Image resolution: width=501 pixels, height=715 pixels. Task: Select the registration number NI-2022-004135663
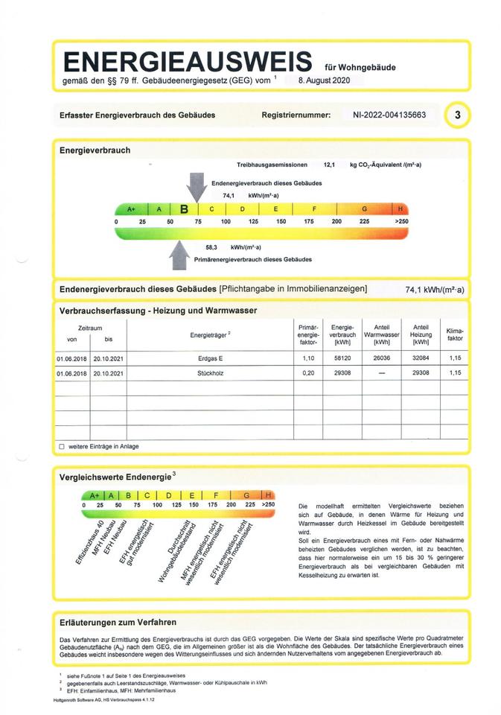(x=389, y=115)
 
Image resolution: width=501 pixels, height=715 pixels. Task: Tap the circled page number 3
(x=457, y=115)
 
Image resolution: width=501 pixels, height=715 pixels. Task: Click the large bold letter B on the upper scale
(x=184, y=209)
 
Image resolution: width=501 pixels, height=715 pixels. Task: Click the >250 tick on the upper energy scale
(x=401, y=222)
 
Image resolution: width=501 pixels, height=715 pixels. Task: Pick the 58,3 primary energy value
(x=211, y=247)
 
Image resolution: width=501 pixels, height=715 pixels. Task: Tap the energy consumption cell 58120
(x=342, y=359)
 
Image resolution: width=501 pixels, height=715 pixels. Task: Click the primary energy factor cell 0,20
(x=308, y=372)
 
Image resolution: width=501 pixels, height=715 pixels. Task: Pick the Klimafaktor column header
(x=454, y=334)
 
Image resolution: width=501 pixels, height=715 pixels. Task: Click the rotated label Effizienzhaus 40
(x=89, y=536)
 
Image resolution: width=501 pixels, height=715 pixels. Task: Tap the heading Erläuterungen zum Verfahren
(x=118, y=622)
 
